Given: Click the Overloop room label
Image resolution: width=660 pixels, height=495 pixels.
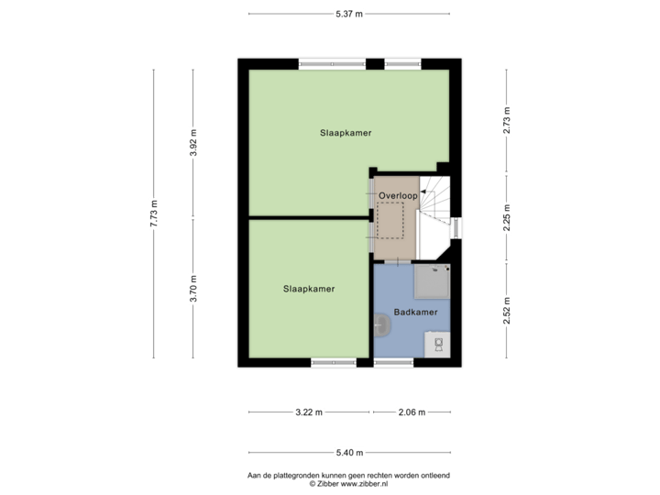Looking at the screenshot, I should [x=399, y=196].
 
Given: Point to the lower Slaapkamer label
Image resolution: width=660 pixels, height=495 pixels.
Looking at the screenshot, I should [x=309, y=289].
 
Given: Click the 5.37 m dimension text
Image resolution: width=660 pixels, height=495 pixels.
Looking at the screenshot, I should [x=349, y=14].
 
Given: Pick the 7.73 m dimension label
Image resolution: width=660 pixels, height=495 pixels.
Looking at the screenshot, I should [x=154, y=214].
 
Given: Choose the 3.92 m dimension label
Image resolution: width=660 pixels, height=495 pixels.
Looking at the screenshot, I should [x=192, y=143].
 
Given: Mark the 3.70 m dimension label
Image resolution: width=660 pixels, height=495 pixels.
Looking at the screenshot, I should [x=192, y=290].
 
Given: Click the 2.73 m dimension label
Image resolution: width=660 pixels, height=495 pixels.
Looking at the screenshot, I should [x=506, y=120].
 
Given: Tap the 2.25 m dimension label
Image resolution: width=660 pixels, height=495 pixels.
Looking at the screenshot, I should [x=506, y=217].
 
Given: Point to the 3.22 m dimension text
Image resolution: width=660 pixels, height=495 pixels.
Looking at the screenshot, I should [x=310, y=412].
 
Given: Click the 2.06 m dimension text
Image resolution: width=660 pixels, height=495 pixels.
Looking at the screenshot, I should [x=412, y=412].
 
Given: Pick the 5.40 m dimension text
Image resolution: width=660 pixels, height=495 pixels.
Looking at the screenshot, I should [x=349, y=452].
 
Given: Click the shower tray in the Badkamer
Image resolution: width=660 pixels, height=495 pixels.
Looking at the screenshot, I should [x=432, y=281].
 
